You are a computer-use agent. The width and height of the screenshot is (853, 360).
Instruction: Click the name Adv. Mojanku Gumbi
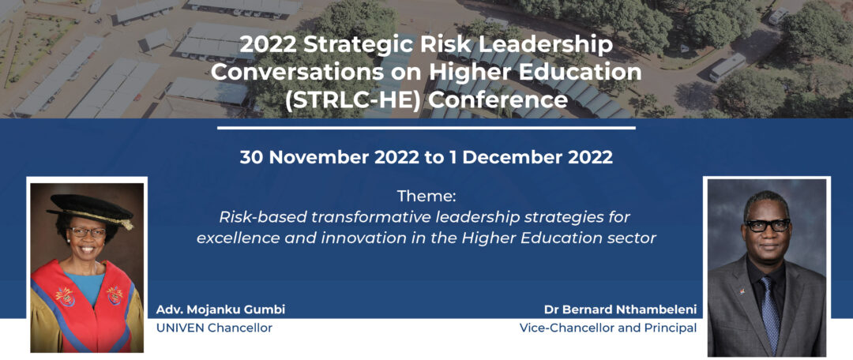tap(220, 310)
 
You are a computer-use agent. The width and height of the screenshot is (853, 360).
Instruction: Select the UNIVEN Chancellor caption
tap(214, 328)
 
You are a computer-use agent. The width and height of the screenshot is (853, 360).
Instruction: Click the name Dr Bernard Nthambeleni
tap(620, 310)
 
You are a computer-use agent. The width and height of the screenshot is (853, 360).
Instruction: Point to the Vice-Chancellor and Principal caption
tap(608, 328)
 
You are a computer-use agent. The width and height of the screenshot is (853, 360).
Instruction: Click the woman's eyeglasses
tap(87, 231)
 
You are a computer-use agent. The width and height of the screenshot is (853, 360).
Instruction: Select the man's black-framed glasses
tap(768, 224)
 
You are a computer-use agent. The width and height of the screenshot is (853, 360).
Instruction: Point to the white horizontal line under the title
tap(426, 128)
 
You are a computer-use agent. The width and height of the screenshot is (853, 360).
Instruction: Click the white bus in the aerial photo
tap(727, 67)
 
